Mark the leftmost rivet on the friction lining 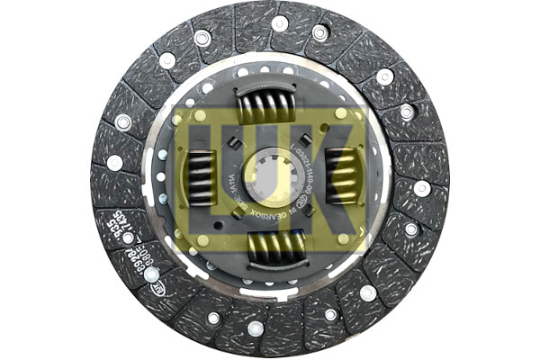[x=115, y=163]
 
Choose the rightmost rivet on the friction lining [x=422, y=189]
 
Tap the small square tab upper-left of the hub [x=233, y=141]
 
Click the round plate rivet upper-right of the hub [x=341, y=115]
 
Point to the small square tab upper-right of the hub [x=307, y=137]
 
